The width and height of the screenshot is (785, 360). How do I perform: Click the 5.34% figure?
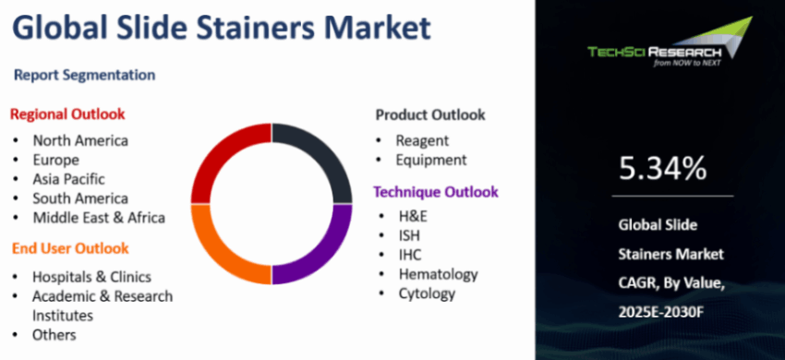663,168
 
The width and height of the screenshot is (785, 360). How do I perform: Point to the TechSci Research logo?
670,43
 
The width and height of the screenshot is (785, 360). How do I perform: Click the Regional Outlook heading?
67,114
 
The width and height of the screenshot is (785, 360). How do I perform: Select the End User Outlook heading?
70,248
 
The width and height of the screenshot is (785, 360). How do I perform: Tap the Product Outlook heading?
430,114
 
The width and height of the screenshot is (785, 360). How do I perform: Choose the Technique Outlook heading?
436,192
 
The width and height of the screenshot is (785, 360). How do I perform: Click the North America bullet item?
80,140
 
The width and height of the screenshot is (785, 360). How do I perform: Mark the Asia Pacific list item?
69,179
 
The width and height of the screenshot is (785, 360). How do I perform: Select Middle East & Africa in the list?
99,218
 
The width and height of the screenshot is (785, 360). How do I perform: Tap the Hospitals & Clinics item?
91,276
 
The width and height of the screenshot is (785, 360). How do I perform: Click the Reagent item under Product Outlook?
423,140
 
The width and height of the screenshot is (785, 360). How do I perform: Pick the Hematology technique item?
439,274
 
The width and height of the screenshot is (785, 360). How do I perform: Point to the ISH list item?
409,234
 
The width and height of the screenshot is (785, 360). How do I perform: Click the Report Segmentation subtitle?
85,75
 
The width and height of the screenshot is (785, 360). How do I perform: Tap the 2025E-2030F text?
661,312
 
